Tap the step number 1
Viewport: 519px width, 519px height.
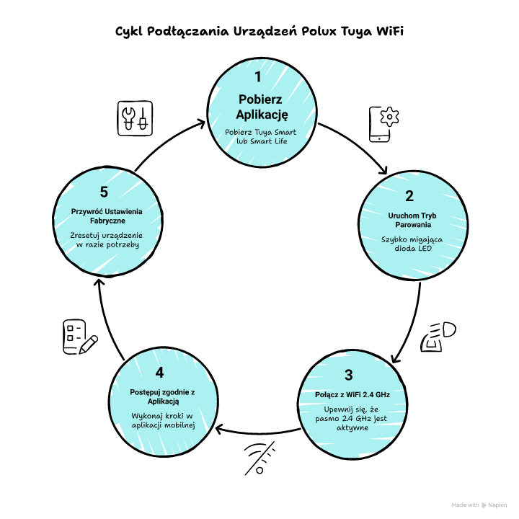click(258, 77)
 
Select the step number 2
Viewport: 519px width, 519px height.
click(409, 196)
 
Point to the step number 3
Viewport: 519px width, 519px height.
click(349, 375)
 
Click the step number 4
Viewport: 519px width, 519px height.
click(159, 373)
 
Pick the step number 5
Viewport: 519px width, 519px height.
click(104, 192)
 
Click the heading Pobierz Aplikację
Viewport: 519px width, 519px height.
click(262, 107)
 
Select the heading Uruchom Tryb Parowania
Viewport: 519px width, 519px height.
click(412, 220)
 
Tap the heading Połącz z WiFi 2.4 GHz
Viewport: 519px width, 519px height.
click(352, 394)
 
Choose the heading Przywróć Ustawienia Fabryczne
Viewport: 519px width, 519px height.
click(107, 216)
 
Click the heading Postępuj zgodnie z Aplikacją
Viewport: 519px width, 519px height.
click(162, 396)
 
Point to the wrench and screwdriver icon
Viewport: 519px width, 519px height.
click(135, 118)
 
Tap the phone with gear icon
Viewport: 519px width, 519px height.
click(384, 125)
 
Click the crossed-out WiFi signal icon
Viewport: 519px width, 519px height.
click(259, 458)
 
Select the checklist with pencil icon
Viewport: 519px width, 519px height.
click(80, 337)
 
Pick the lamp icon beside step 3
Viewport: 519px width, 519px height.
click(438, 337)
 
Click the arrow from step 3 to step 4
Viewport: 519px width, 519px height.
click(258, 433)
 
